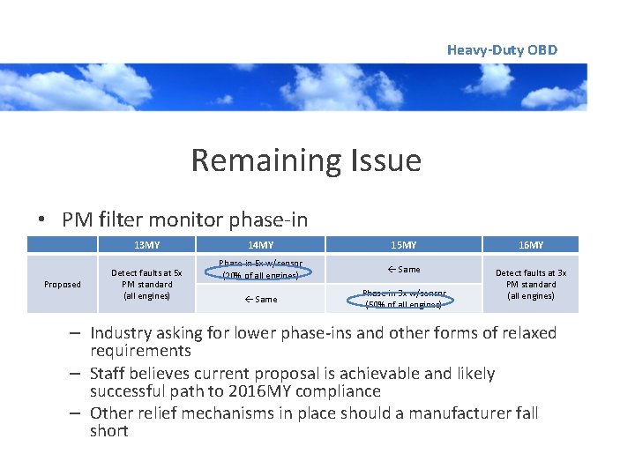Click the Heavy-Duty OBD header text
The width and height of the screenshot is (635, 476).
pyautogui.click(x=502, y=50)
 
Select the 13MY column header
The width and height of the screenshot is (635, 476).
pyautogui.click(x=146, y=245)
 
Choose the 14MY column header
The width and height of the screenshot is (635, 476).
pyautogui.click(x=260, y=245)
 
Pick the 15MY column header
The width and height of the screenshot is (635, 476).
pyautogui.click(x=403, y=245)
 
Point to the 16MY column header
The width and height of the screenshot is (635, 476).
pyautogui.click(x=531, y=245)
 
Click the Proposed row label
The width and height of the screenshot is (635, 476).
pyautogui.click(x=63, y=285)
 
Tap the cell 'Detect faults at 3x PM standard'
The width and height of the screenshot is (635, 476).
pyautogui.click(x=531, y=284)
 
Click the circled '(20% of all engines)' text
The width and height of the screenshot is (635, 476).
pyautogui.click(x=260, y=276)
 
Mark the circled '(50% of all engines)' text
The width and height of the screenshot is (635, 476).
pyautogui.click(x=403, y=305)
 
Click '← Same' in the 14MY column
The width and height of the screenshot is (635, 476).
pyautogui.click(x=260, y=300)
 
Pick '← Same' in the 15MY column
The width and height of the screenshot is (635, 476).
pyautogui.click(x=403, y=270)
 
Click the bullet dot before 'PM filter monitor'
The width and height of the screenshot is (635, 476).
pyautogui.click(x=42, y=220)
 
